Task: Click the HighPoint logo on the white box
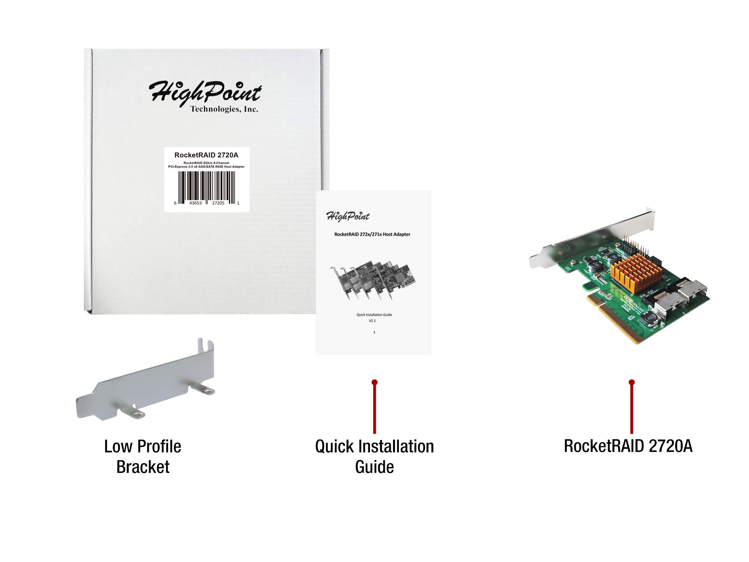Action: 205,91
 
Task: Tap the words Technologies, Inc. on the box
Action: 224,109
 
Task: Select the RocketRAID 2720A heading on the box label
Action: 206,155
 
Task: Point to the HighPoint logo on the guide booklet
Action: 348,216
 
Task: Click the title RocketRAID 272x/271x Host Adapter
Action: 372,234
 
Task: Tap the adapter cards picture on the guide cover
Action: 372,279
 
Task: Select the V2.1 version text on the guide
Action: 372,320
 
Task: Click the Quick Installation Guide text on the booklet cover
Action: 374,315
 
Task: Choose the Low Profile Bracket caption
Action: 143,457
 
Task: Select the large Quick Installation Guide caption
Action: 374,457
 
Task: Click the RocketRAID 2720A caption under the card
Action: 628,446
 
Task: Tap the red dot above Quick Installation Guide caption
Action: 374,382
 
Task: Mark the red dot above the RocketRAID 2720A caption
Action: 632,382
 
